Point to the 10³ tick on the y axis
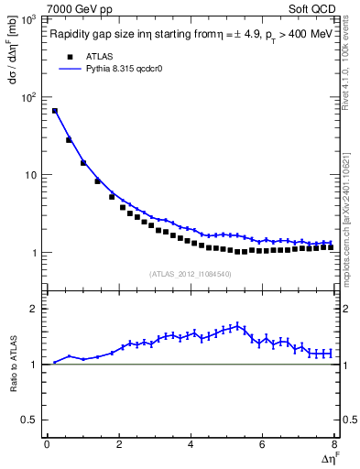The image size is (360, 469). click(x=27, y=19)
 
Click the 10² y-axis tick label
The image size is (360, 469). click(x=27, y=97)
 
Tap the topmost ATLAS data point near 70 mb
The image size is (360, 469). click(x=55, y=111)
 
